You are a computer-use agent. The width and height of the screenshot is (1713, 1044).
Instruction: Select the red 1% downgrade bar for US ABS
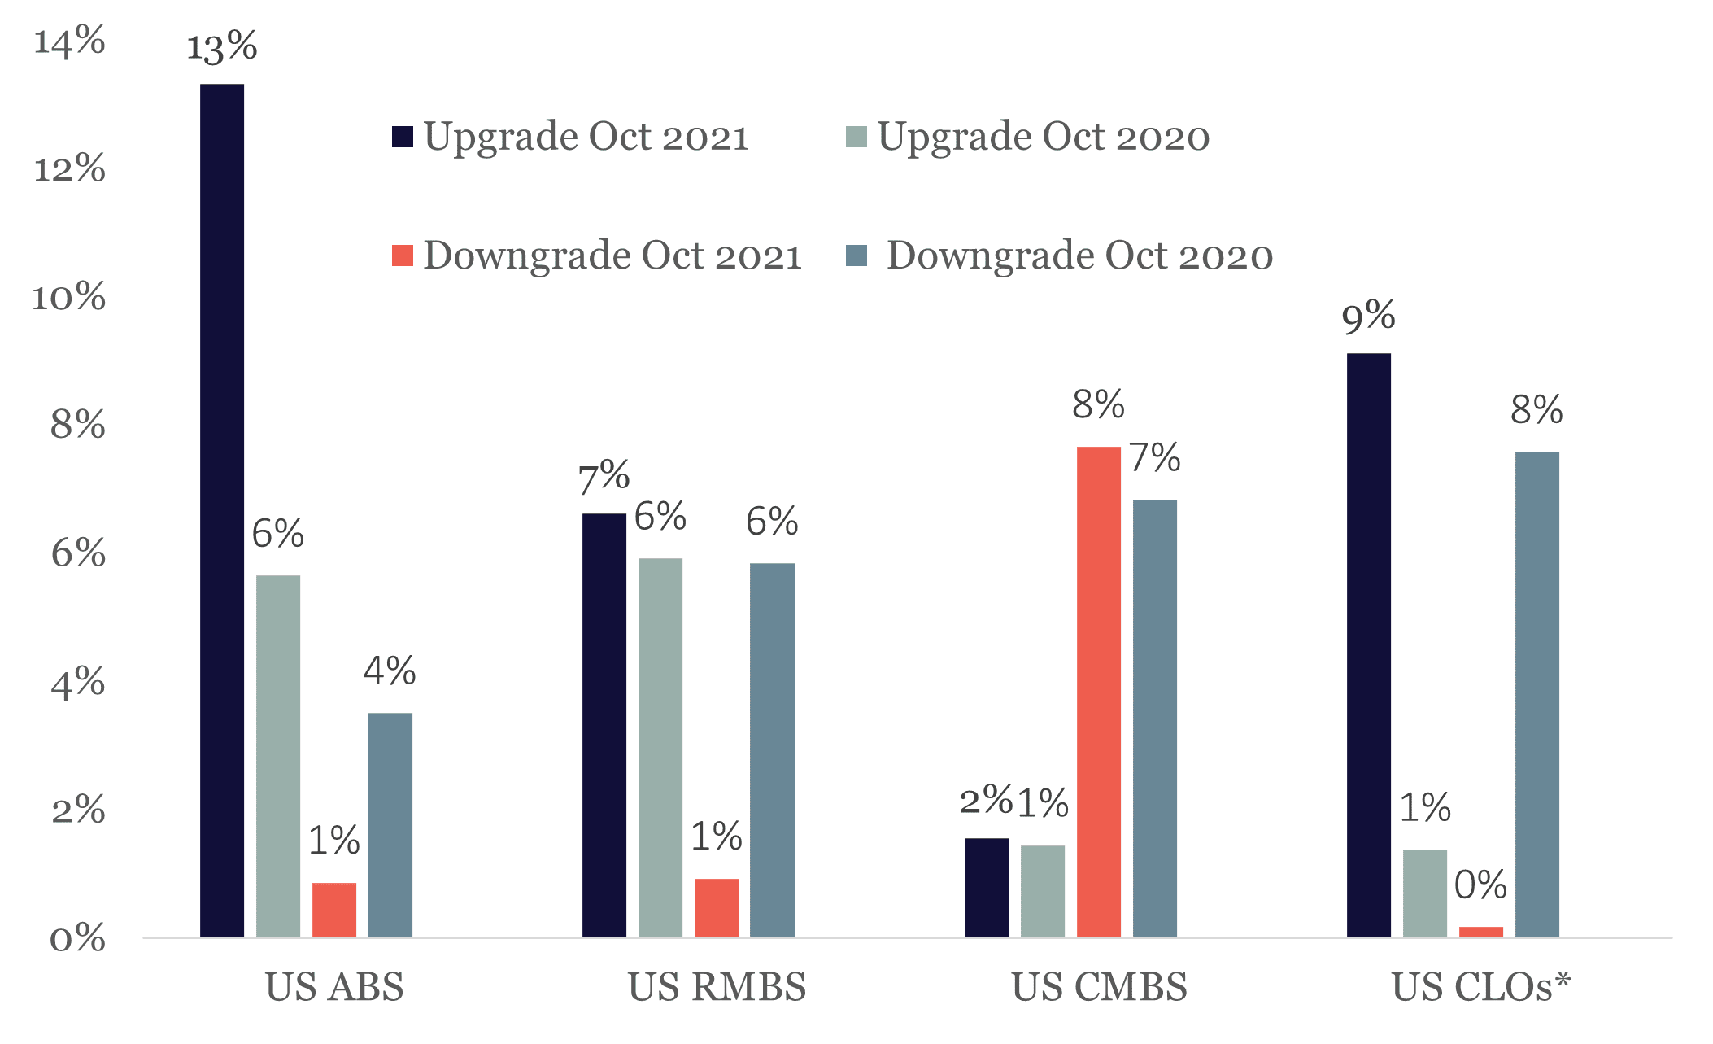[334, 910]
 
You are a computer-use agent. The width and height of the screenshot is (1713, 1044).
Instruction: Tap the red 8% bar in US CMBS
[1099, 692]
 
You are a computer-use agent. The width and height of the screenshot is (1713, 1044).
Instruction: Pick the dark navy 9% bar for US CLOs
[1369, 644]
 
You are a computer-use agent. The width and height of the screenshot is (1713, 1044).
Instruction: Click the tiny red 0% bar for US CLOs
[1481, 932]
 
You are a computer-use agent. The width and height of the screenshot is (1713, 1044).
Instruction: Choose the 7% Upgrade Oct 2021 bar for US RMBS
[604, 725]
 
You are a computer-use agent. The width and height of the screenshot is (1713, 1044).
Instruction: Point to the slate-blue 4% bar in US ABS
[390, 824]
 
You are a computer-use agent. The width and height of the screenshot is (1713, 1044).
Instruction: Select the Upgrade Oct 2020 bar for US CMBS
[1043, 891]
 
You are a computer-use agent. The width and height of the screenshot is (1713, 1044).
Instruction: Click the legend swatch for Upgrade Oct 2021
[403, 137]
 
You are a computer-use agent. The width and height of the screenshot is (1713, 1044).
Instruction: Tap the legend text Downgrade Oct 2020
[1079, 256]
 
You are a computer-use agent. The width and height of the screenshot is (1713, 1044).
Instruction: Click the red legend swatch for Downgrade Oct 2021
[403, 256]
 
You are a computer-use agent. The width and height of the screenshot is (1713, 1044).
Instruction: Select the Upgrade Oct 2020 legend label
[1044, 137]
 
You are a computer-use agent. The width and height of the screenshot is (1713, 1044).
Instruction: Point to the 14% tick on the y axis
[69, 41]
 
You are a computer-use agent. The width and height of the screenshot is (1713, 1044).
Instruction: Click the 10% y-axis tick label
[69, 298]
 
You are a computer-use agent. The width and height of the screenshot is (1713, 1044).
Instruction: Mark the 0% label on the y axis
[77, 939]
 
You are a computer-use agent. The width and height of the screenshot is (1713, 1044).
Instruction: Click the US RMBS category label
[717, 987]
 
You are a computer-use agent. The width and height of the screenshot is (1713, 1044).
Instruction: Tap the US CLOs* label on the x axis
[1481, 987]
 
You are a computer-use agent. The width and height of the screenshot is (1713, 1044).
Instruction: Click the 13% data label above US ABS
[222, 47]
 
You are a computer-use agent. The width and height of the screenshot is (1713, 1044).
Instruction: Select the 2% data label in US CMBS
[986, 801]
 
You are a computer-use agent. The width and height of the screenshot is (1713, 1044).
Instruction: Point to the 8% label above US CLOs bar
[1536, 410]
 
